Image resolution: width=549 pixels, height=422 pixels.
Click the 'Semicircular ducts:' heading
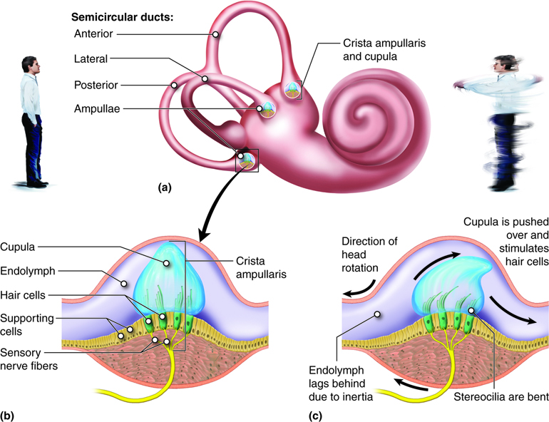118,15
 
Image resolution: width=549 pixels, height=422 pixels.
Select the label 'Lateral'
91,58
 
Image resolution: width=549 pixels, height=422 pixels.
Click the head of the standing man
27,62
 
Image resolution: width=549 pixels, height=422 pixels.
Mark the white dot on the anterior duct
216,34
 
